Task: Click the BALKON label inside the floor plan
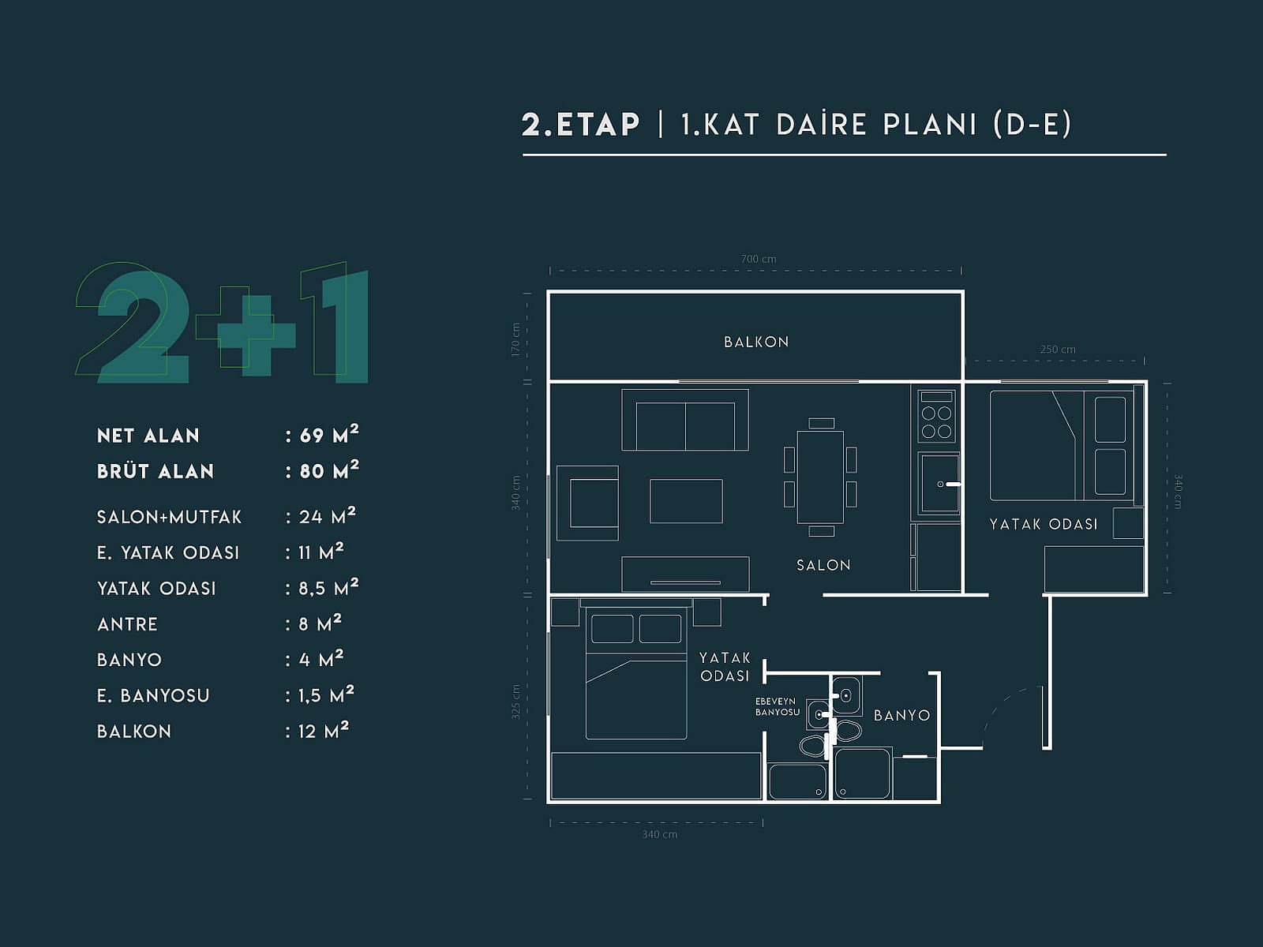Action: click(756, 342)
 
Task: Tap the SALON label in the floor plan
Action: click(823, 565)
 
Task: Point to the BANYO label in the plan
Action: click(901, 715)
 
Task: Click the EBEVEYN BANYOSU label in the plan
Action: click(778, 706)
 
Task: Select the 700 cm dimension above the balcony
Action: click(759, 260)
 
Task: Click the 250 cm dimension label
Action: click(1058, 349)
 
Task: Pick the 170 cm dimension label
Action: click(515, 339)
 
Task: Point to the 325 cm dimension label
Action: click(515, 702)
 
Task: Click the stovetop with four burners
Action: click(936, 417)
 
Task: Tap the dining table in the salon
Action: click(820, 477)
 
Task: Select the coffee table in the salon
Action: click(686, 501)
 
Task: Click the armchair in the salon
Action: click(587, 503)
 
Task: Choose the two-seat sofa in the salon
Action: click(684, 420)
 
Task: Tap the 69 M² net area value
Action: click(328, 435)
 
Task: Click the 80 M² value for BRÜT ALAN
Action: click(328, 470)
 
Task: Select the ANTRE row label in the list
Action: click(127, 624)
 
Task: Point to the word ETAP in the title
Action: click(598, 124)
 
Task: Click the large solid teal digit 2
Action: click(144, 328)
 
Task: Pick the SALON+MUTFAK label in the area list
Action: click(169, 517)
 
